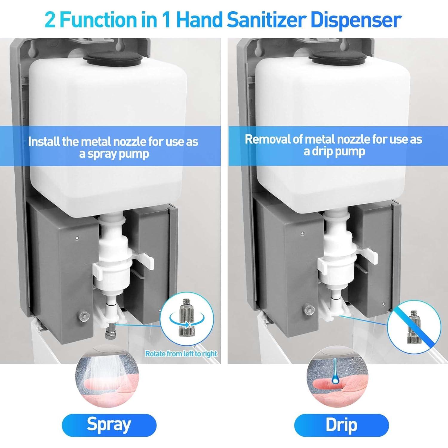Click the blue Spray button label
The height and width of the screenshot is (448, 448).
point(109,425)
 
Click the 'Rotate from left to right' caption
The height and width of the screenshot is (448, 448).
point(181,354)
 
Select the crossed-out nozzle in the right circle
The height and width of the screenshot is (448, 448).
point(414,327)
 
